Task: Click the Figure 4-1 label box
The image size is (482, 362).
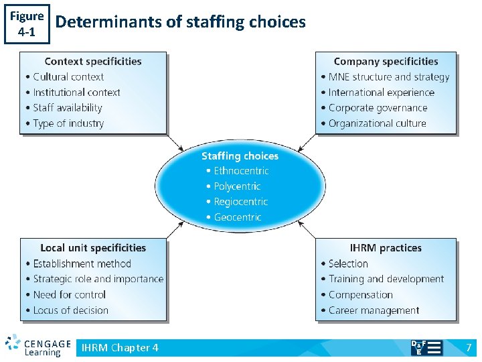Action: coord(27,23)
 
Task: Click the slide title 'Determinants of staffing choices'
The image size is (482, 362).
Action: coord(181,22)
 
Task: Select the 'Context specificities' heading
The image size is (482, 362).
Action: coord(93,62)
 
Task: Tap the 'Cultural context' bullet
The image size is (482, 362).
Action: coord(68,77)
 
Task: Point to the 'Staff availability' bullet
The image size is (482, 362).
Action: coord(68,108)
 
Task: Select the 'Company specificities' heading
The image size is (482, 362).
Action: coord(386,62)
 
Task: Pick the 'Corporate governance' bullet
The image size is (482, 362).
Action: coord(378,108)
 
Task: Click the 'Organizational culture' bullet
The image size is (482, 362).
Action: coord(378,123)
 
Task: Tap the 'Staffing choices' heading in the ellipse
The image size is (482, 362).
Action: coord(240,156)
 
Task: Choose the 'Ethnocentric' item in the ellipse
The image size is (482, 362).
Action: coord(241,171)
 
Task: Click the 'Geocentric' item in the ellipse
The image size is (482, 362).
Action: coord(238,217)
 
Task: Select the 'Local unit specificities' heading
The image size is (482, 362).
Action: coord(93,248)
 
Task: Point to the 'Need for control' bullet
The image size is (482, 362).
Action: coord(70,294)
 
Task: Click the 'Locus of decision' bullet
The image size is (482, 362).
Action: coord(70,310)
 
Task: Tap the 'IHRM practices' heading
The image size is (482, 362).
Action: coord(386,248)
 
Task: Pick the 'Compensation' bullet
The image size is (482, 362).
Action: coord(361,294)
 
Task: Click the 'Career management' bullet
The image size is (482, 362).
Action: coord(374,310)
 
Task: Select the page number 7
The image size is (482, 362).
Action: coord(469,347)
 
